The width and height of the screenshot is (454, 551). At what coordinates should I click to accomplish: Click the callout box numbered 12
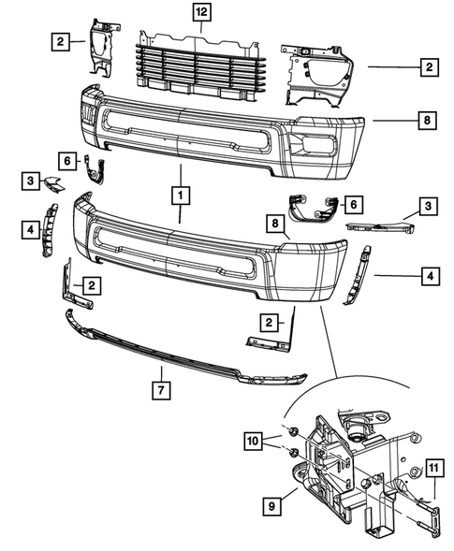click(201, 13)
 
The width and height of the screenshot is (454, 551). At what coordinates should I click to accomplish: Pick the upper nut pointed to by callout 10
click(293, 431)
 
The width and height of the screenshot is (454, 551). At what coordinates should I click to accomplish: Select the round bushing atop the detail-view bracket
click(357, 433)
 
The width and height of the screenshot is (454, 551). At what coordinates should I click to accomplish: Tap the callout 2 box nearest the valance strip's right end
click(270, 323)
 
